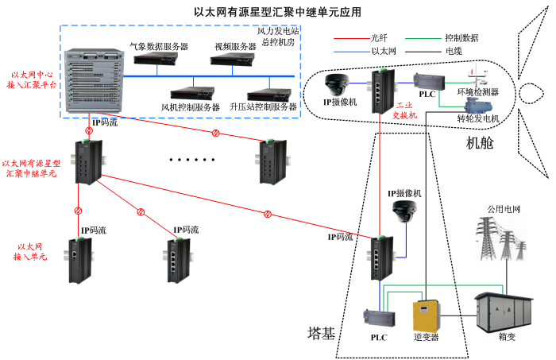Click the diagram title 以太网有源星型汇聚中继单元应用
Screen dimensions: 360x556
(277, 12)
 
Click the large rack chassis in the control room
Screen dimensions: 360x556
(92, 83)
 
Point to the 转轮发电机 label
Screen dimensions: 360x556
(477, 118)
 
